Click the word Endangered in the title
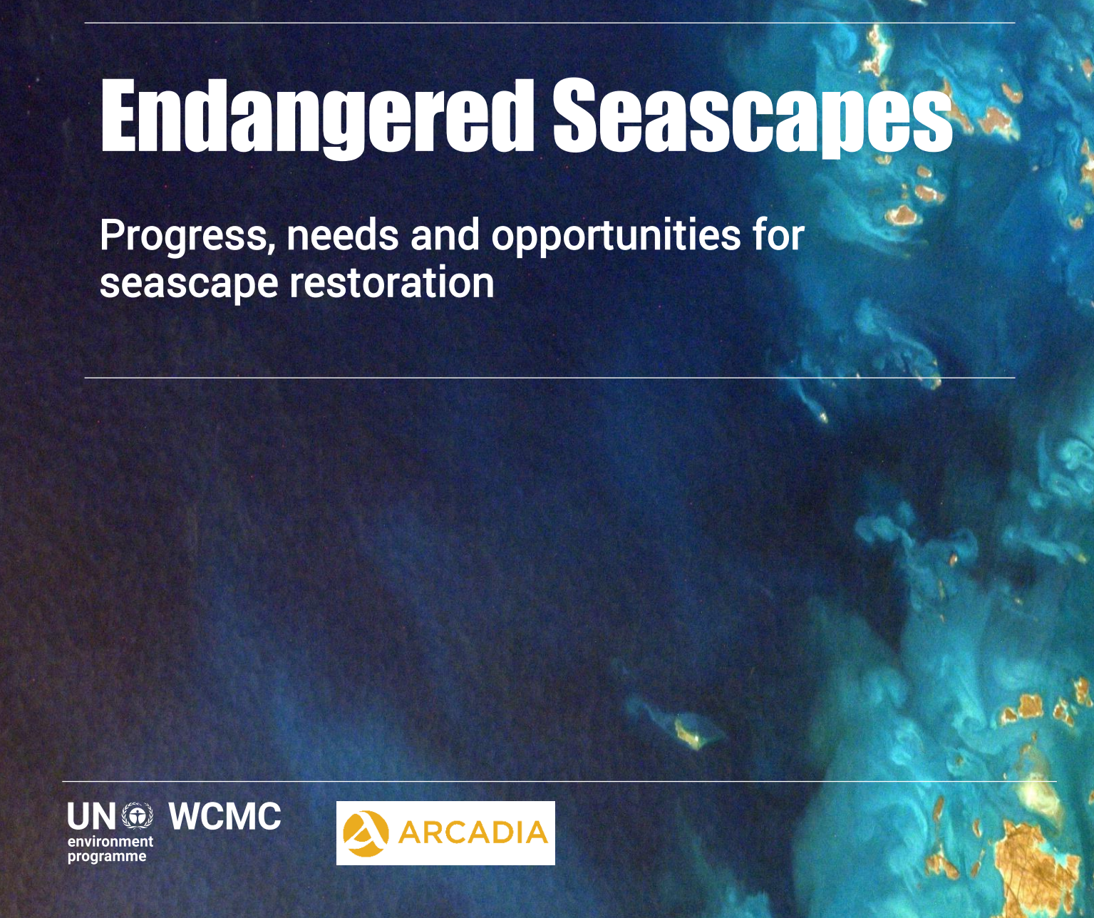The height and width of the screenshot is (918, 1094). pyautogui.click(x=317, y=118)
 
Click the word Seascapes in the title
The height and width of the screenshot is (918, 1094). pyautogui.click(x=753, y=118)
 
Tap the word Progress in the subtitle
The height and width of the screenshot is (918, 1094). pyautogui.click(x=187, y=237)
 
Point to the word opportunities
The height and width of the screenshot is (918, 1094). pyautogui.click(x=616, y=237)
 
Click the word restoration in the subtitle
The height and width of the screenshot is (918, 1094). pyautogui.click(x=392, y=282)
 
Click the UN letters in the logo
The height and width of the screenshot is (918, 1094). pyautogui.click(x=91, y=817)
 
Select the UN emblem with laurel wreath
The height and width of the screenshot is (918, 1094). pyautogui.click(x=138, y=816)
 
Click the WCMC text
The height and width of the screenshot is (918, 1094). pyautogui.click(x=225, y=816)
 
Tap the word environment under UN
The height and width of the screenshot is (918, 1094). pyautogui.click(x=110, y=842)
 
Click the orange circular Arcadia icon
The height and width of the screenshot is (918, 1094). pyautogui.click(x=366, y=834)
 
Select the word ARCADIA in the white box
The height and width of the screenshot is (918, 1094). pyautogui.click(x=473, y=833)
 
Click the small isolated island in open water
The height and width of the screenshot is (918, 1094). pyautogui.click(x=688, y=734)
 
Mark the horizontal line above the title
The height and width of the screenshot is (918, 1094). pyautogui.click(x=549, y=23)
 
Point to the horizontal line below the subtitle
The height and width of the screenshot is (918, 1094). pyautogui.click(x=549, y=377)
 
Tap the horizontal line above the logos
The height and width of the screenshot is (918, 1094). pyautogui.click(x=559, y=782)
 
